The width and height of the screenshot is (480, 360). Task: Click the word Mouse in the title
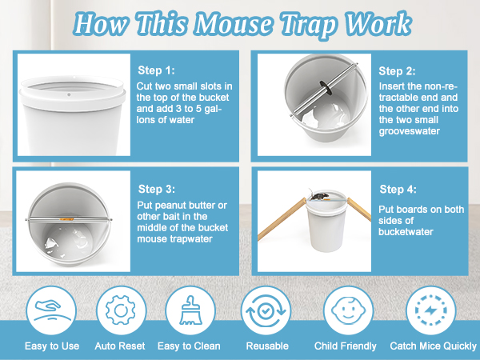234,25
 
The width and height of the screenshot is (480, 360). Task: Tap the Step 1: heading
156,70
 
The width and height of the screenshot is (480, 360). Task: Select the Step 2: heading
397,71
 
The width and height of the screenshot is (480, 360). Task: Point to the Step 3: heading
157,189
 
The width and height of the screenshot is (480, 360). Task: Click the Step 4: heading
398,190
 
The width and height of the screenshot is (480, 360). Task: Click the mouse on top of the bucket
318,195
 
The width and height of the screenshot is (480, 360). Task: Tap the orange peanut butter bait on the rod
66,219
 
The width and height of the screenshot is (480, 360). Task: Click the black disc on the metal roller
325,86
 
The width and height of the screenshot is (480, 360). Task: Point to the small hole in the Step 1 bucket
69,95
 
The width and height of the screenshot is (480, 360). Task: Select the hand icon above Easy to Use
51,310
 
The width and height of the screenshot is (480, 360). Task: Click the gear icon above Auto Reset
120,310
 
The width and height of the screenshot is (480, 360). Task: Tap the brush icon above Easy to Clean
190,310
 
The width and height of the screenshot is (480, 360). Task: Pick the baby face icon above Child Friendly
348,310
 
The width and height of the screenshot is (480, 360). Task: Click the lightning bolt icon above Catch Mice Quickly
430,310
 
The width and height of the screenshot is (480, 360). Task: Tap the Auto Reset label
120,346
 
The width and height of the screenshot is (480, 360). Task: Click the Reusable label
267,346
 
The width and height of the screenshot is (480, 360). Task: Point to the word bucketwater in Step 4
406,232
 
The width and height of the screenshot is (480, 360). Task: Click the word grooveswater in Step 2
410,131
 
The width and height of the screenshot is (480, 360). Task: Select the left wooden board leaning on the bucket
282,219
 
